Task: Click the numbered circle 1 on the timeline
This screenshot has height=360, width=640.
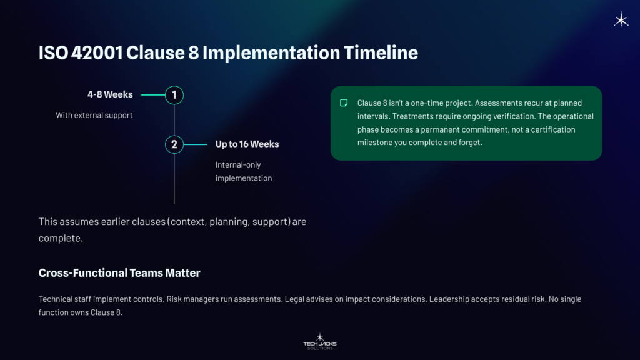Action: tap(174, 95)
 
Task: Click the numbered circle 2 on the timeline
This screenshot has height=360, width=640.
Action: tap(174, 144)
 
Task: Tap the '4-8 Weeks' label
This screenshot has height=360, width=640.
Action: tap(110, 95)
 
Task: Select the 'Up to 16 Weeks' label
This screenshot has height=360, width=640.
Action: tap(247, 144)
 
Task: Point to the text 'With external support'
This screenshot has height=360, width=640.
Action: tap(94, 115)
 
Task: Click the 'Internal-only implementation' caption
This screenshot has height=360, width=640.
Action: tap(244, 171)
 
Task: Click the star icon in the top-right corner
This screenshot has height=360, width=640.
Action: tap(621, 20)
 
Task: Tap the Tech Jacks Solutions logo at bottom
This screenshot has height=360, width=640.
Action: tap(319, 341)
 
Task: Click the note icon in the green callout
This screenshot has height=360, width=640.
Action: tap(344, 102)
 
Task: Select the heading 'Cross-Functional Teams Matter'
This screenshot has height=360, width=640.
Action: tap(119, 273)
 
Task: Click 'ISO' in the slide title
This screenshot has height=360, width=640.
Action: tap(52, 52)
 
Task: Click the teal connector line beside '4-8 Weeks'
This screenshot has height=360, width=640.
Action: tap(153, 95)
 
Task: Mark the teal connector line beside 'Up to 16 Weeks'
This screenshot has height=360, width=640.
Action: tap(195, 144)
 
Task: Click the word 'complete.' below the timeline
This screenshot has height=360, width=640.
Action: tap(61, 238)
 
